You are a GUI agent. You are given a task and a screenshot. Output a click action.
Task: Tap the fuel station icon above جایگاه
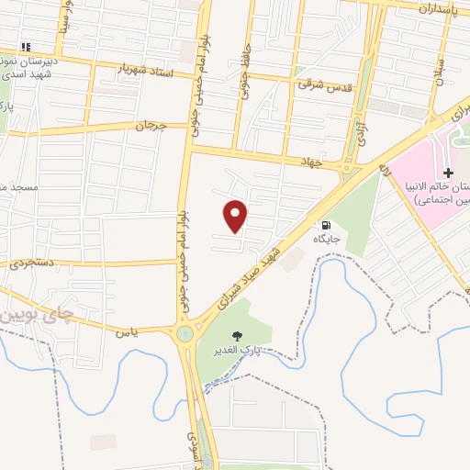pyautogui.click(x=326, y=225)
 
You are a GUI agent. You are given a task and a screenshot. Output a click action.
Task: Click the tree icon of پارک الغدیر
pyautogui.click(x=240, y=337)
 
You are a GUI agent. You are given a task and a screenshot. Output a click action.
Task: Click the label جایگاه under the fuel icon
pyautogui.click(x=327, y=239)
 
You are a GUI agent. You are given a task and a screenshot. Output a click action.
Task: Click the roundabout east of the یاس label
pyautogui.click(x=186, y=333)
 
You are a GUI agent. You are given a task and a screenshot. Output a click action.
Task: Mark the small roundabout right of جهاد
pyautogui.click(x=347, y=168)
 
